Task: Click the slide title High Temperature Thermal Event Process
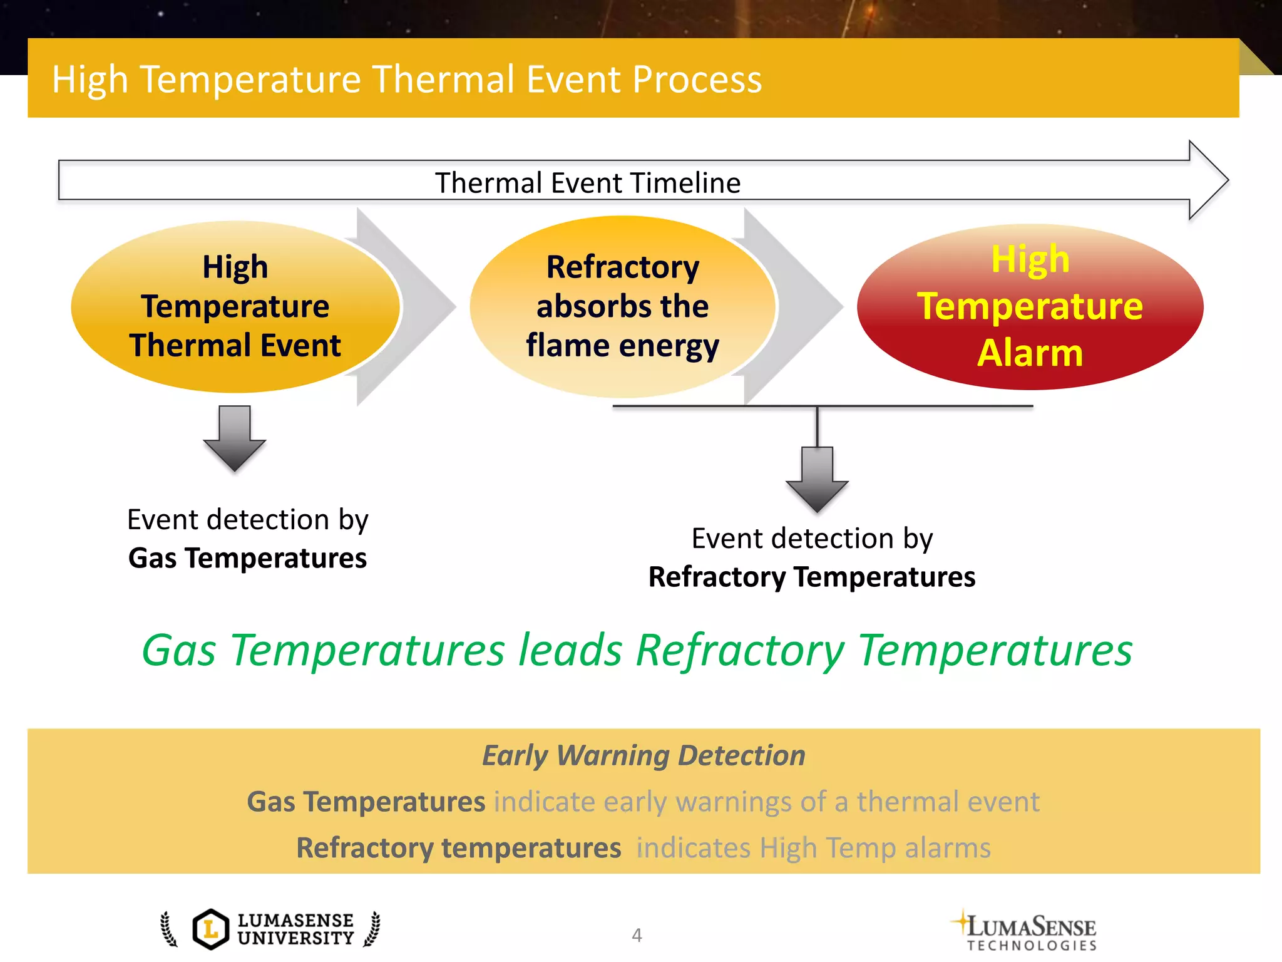[x=407, y=80]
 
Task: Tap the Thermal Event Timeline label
[x=587, y=183]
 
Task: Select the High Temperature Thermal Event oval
[x=235, y=306]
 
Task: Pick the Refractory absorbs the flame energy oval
[x=622, y=306]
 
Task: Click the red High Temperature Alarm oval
[x=1030, y=306]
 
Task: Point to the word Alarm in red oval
[x=1030, y=353]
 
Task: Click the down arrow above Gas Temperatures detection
[x=235, y=438]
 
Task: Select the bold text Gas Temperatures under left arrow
[x=247, y=558]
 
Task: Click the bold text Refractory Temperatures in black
[x=811, y=577]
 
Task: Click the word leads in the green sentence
[x=570, y=650]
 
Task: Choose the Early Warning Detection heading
[x=644, y=755]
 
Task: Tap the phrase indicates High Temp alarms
[x=813, y=848]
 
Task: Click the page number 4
[x=637, y=935]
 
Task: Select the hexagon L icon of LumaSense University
[x=211, y=929]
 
